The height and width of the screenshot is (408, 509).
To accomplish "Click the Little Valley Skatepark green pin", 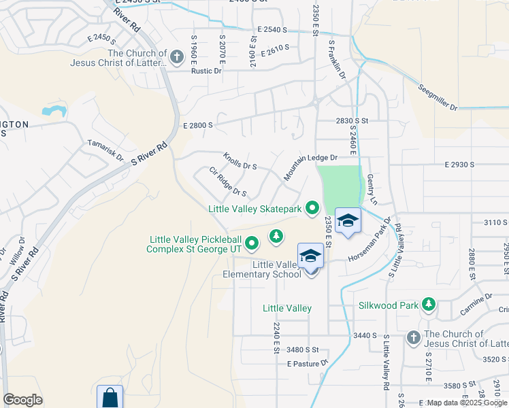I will click(x=312, y=207).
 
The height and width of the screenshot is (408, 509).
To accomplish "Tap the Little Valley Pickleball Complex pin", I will click(x=252, y=242).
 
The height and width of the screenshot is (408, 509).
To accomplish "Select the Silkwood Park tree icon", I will click(x=428, y=304).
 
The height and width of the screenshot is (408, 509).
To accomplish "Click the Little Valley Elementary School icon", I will click(x=310, y=257).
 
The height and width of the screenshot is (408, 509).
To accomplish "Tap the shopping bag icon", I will click(x=109, y=398).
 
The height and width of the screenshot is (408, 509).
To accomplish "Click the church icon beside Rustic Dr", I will click(x=177, y=56).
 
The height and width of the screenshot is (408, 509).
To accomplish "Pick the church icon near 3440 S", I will click(x=413, y=338).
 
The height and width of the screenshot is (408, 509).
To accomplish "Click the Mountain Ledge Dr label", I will click(x=311, y=166).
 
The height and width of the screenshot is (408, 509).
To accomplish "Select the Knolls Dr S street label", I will click(x=240, y=161).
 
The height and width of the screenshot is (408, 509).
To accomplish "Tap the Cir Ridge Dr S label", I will click(x=227, y=182).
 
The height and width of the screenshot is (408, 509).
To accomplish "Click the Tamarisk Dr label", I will click(x=106, y=151).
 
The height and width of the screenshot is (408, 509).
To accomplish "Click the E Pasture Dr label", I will click(x=308, y=364).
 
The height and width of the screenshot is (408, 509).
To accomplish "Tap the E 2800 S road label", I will click(x=198, y=126).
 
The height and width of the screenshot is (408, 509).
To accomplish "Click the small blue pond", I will click(x=54, y=110).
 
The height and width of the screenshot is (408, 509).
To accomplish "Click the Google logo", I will click(x=22, y=400).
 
